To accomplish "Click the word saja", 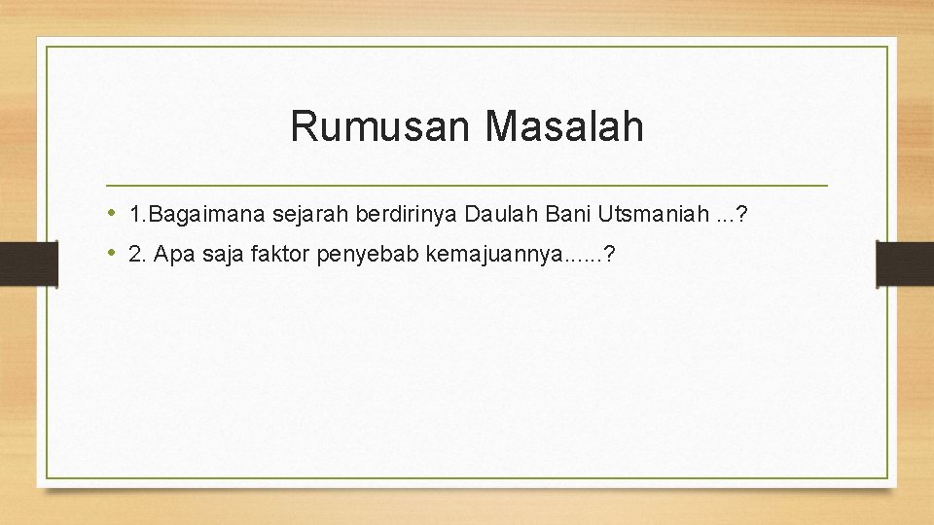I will click(x=216, y=255).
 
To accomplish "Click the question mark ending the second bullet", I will click(x=609, y=255).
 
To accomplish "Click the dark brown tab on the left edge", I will click(x=28, y=262).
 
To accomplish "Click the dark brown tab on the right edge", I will click(x=905, y=262).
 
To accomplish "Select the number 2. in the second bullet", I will click(x=136, y=255).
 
